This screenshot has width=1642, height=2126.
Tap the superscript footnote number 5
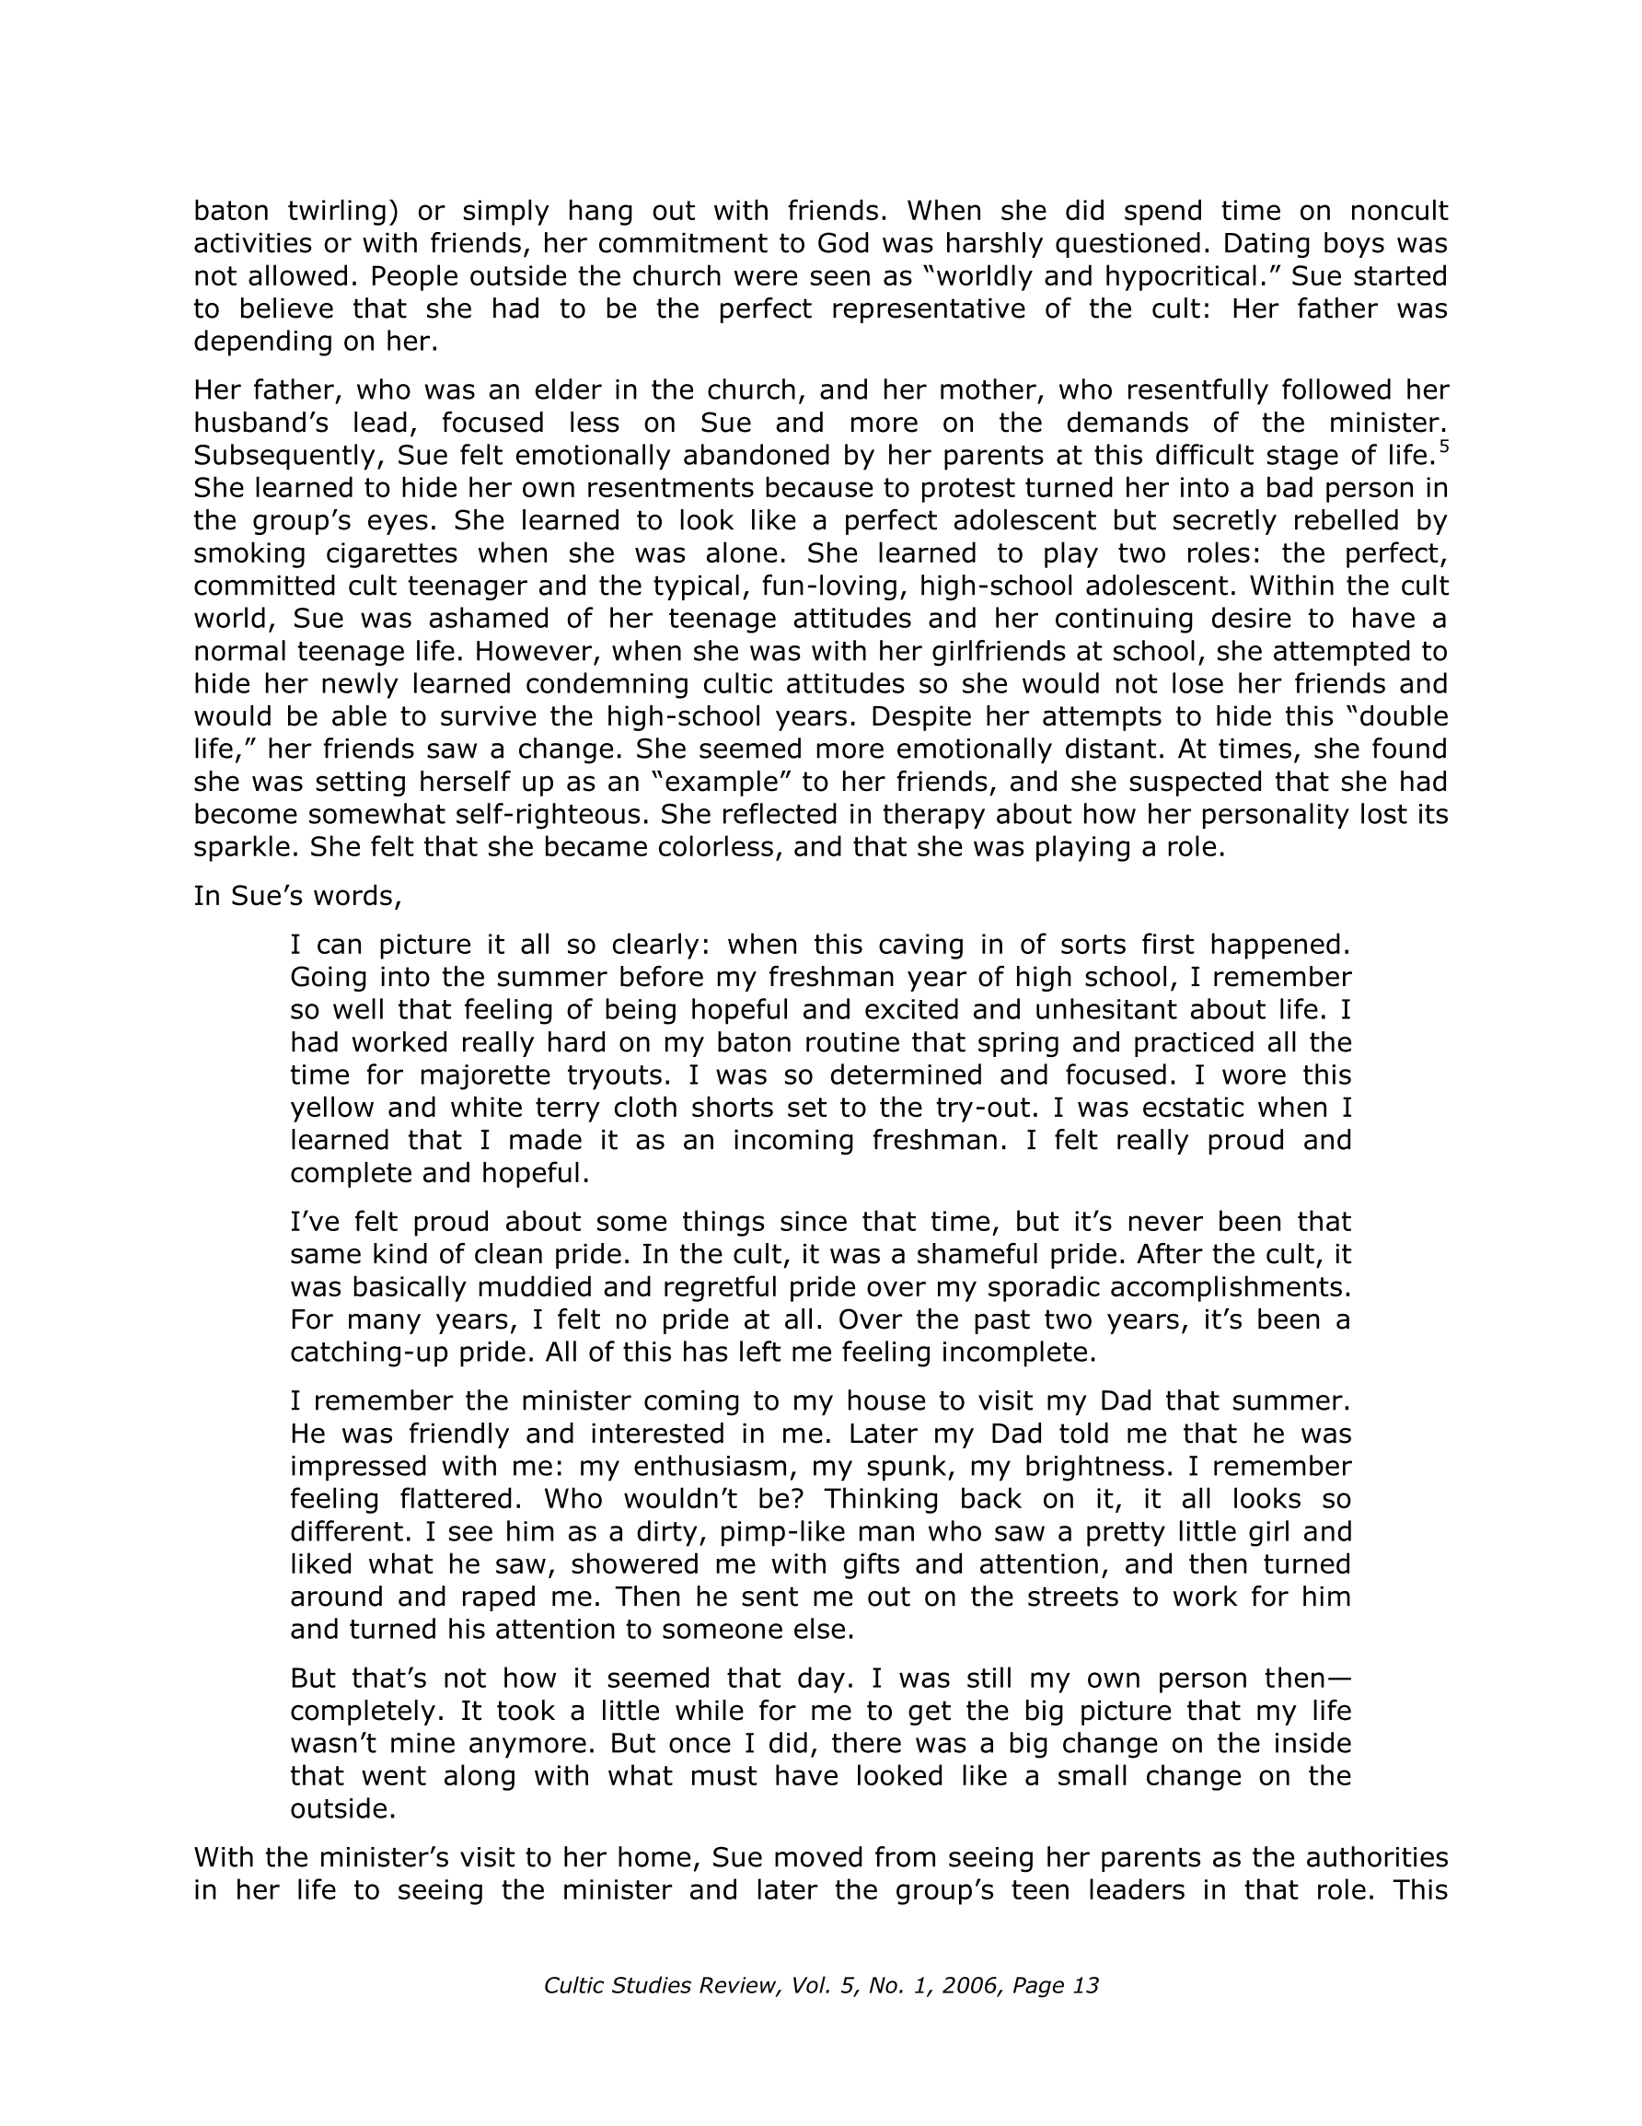tap(1443, 448)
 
